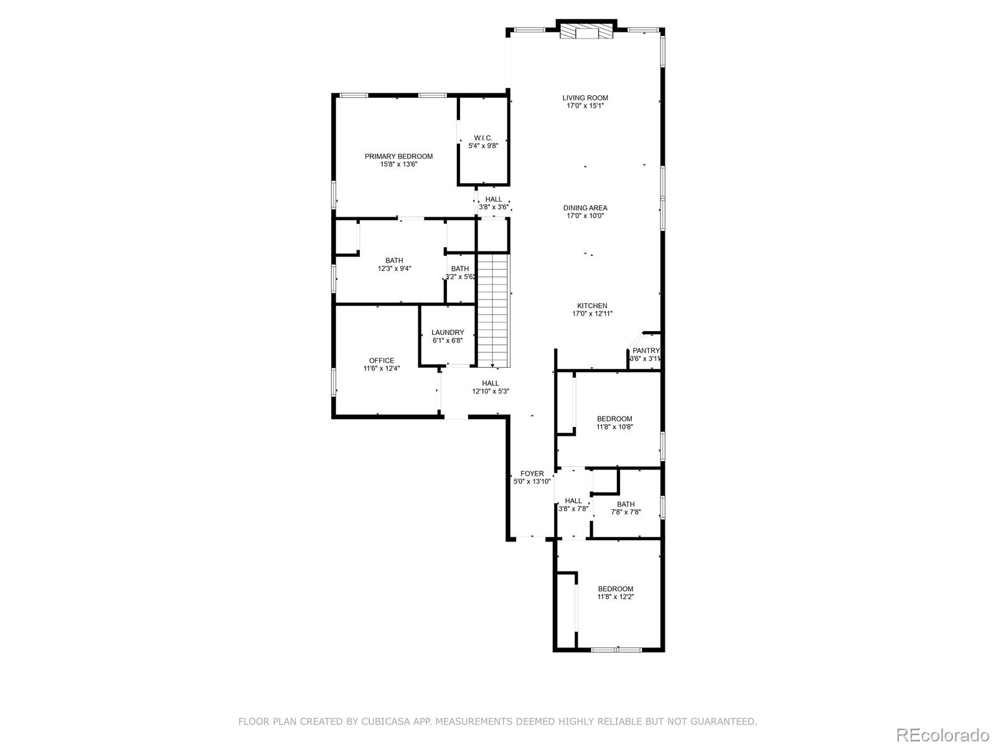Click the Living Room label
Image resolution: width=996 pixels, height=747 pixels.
[585, 101]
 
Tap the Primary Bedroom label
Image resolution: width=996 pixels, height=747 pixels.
[398, 160]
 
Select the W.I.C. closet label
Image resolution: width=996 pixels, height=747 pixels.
[483, 141]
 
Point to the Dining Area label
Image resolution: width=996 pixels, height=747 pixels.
[585, 212]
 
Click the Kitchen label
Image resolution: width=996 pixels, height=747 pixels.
[592, 309]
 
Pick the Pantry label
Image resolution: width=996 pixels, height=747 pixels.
[645, 354]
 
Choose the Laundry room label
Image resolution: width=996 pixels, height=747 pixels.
[448, 336]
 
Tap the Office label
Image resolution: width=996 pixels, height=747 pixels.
[381, 364]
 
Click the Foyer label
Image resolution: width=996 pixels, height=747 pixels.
[532, 477]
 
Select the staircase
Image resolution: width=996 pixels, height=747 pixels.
[494, 310]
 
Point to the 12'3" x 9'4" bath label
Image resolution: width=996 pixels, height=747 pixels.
[394, 265]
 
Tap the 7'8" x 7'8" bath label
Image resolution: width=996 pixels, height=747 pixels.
[626, 508]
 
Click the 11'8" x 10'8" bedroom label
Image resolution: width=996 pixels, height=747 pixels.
[614, 423]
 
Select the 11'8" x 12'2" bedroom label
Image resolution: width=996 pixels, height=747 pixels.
[615, 593]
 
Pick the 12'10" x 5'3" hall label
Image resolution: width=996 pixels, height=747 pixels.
[491, 387]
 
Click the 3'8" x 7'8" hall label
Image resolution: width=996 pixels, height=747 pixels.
[573, 504]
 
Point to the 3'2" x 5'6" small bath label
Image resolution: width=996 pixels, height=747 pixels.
[459, 273]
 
